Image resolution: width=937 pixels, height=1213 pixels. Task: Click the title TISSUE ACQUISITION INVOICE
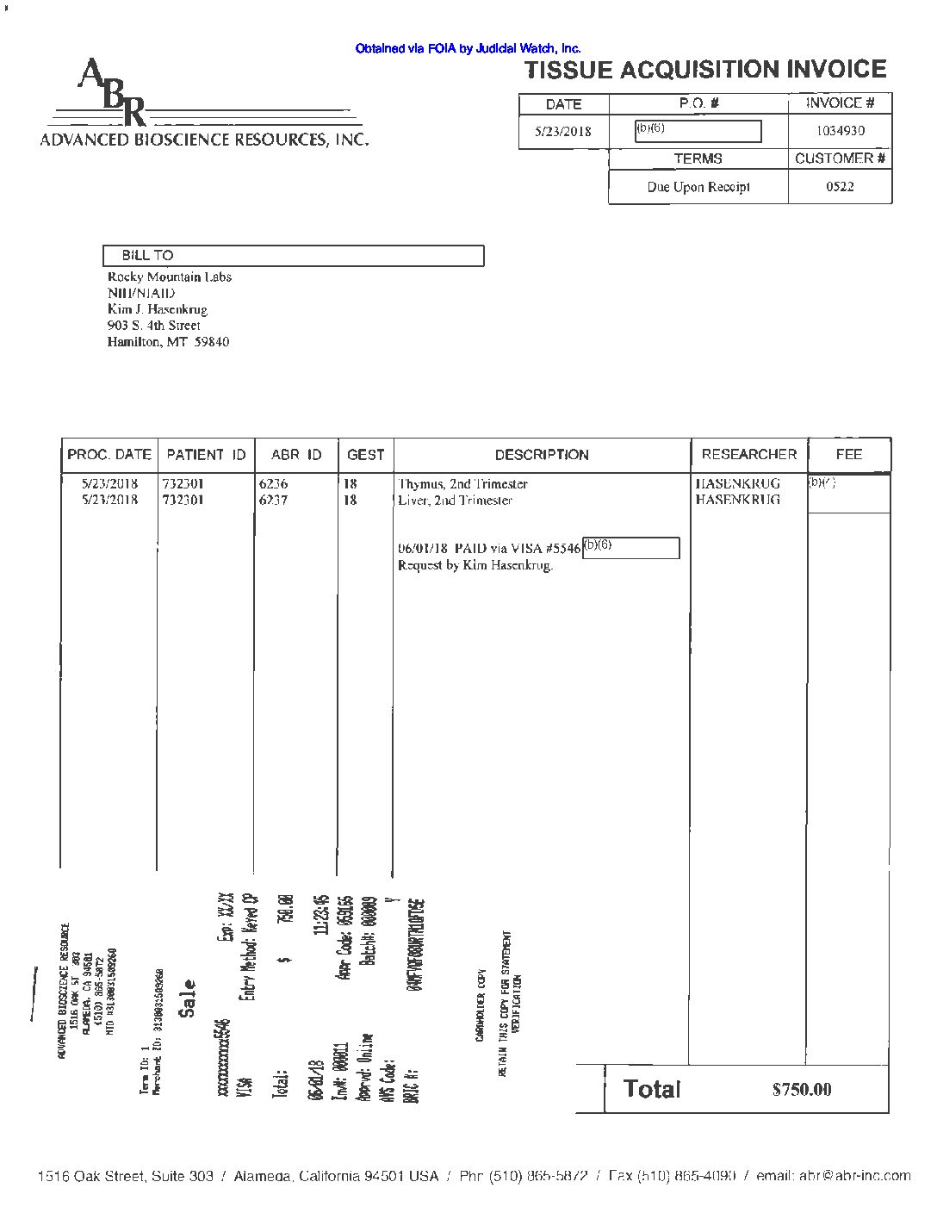point(705,70)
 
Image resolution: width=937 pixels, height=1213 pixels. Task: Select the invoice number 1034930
point(840,131)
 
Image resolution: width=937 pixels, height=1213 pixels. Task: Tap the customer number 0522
point(840,186)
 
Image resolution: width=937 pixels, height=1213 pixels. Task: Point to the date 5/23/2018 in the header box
point(563,132)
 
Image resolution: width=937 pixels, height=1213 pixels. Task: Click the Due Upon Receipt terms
point(698,187)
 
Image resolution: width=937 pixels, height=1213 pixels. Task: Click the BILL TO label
point(147,256)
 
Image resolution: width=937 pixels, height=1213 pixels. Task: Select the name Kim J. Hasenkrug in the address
point(157,309)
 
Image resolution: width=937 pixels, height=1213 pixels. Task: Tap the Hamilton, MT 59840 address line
point(168,342)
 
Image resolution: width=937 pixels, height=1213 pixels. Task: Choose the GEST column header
point(365,455)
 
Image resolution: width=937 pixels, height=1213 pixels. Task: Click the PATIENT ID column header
point(206,455)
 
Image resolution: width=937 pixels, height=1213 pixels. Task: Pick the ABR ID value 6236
point(273,484)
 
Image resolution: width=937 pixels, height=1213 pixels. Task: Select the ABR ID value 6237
point(273,501)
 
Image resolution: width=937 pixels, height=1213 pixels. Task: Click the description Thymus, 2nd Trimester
point(462,484)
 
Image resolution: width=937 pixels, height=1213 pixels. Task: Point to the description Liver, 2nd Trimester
point(455,501)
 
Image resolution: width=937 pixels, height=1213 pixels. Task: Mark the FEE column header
point(848,454)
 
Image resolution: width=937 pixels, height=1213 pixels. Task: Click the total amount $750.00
point(802,1090)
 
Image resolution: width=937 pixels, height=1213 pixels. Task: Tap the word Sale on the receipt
point(188,998)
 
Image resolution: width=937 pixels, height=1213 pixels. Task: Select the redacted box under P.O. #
point(698,131)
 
